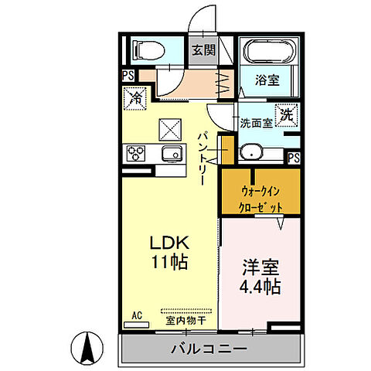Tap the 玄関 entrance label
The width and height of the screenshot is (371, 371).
click(203, 51)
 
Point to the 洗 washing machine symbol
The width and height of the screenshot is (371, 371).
click(286, 114)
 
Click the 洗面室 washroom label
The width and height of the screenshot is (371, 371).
click(255, 122)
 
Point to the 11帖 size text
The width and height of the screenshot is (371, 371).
click(168, 261)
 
